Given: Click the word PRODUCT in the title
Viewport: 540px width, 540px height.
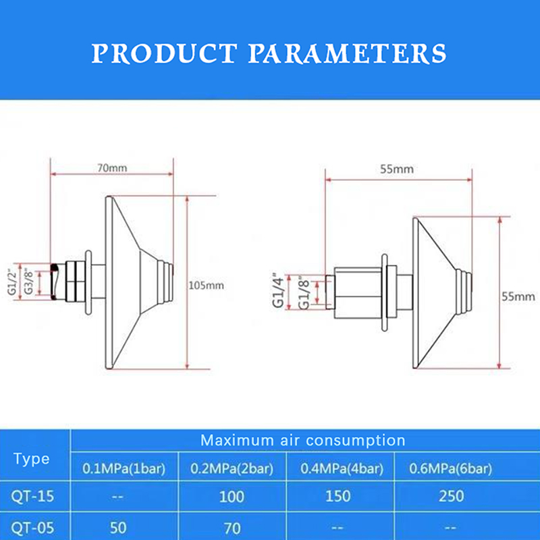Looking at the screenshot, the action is [164, 53].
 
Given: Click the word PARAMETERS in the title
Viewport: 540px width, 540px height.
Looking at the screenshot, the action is [348, 53].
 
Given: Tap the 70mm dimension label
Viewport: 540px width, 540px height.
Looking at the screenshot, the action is [112, 168].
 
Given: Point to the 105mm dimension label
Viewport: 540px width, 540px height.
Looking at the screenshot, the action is [207, 286].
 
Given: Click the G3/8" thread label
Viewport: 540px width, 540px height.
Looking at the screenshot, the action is [28, 282].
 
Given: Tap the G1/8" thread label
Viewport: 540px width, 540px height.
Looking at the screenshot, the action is [304, 292].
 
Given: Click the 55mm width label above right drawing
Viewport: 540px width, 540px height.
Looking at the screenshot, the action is [397, 169].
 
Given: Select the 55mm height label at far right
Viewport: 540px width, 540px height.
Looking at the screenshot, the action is [518, 296].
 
